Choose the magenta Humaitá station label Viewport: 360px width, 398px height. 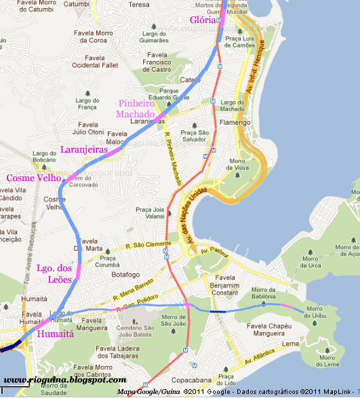(56, 334)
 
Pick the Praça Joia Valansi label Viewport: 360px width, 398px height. (149, 214)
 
